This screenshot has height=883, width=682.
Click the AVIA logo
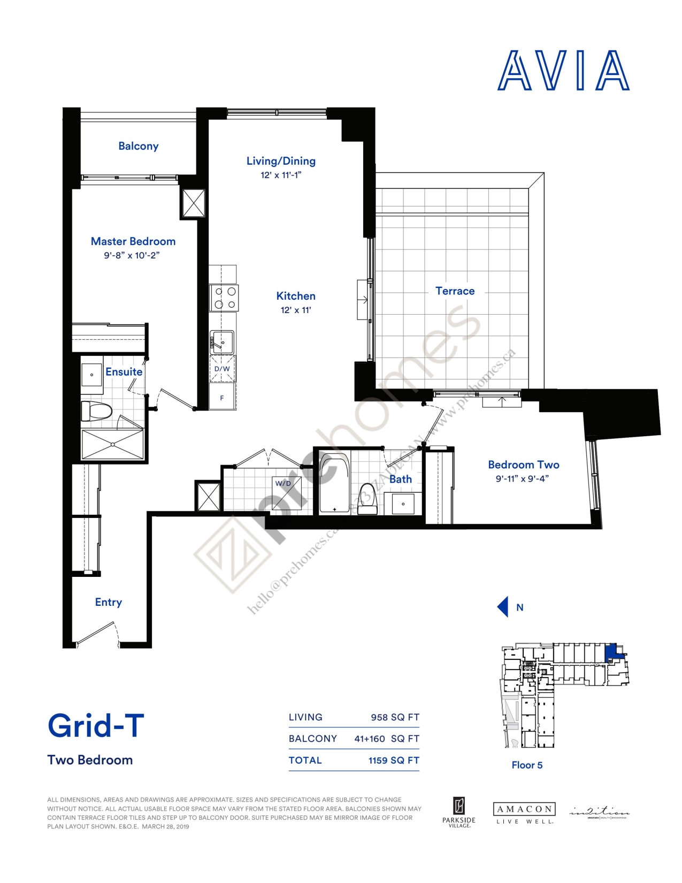coord(563,71)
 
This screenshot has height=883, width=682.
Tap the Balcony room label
coord(138,146)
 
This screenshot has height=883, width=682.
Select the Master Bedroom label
coord(133,241)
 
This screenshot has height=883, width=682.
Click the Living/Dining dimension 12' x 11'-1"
coord(281,175)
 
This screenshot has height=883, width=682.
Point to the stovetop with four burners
coord(224,298)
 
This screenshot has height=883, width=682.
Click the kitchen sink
coord(223,341)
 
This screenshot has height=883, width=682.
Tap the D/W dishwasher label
coord(222,369)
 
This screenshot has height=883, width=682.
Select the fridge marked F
coord(222,398)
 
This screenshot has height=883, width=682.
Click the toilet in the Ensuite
coord(96,411)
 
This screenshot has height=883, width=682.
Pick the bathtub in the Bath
coord(334,483)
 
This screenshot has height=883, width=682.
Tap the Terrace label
coord(455,291)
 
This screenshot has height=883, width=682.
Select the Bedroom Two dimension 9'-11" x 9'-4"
coord(522,479)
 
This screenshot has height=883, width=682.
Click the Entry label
coord(109,602)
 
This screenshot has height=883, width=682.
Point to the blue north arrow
coord(503,607)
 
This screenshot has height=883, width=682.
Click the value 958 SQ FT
coord(395,717)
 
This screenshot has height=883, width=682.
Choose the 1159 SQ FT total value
coord(394,760)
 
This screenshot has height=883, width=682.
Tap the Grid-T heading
coord(96,726)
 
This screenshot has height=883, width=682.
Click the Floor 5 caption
coord(527,765)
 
